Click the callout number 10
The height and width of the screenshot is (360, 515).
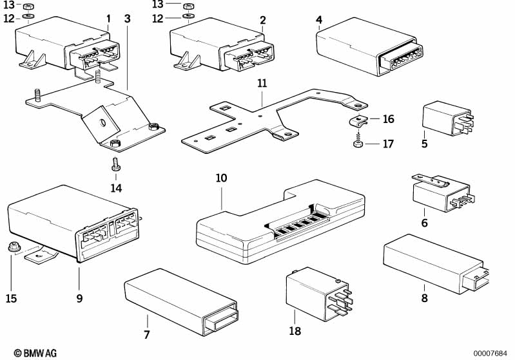[221, 177]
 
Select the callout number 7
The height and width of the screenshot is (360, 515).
[146, 334]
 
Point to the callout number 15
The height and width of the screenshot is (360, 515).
[11, 299]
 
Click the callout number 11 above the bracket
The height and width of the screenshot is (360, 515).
[261, 84]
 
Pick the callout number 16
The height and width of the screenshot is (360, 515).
[388, 119]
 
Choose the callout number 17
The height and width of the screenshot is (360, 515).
[388, 144]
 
